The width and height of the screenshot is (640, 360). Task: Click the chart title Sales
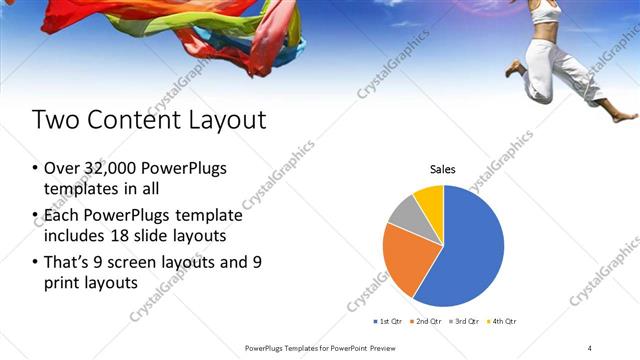[443, 170]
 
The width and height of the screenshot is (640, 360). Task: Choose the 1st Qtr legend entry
[387, 321]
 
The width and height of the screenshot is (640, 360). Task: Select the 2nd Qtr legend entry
[426, 321]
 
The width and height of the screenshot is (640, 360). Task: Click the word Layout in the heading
[219, 120]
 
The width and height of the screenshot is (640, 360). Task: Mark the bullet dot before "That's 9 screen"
[36, 263]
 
